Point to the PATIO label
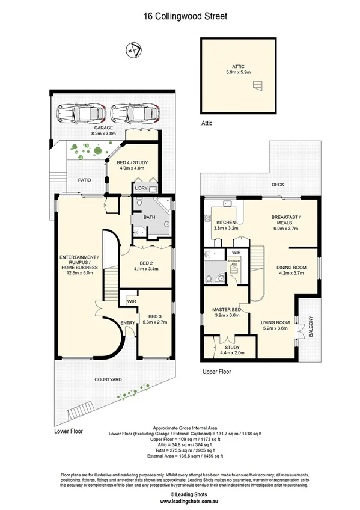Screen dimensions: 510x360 point(84,179)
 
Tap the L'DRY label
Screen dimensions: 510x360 point(141,189)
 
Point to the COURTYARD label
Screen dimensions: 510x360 point(108,379)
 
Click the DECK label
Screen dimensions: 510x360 point(278,185)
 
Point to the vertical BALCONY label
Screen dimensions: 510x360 point(311,327)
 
